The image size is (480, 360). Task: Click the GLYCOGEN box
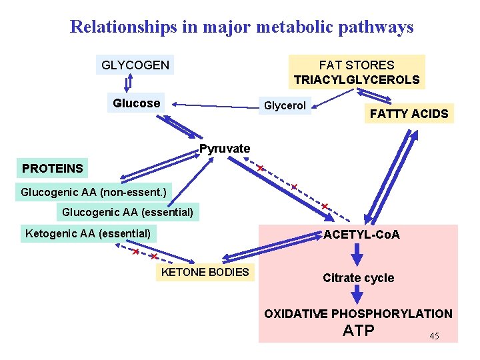pyautogui.click(x=135, y=65)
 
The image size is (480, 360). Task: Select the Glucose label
pyautogui.click(x=137, y=103)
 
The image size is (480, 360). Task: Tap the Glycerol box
pyautogui.click(x=285, y=106)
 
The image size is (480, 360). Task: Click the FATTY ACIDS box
pyautogui.click(x=409, y=114)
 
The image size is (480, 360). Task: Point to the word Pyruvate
pyautogui.click(x=225, y=149)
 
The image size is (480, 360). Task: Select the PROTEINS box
pyautogui.click(x=53, y=168)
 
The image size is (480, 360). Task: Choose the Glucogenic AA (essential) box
pyautogui.click(x=127, y=213)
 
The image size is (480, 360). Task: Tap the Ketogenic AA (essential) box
pyautogui.click(x=87, y=233)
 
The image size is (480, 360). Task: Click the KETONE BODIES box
pyautogui.click(x=205, y=271)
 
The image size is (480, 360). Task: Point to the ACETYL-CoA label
pyautogui.click(x=361, y=235)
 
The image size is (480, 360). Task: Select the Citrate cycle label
pyautogui.click(x=358, y=278)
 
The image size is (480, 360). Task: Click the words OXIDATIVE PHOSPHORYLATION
pyautogui.click(x=358, y=313)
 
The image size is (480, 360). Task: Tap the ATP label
pyautogui.click(x=359, y=331)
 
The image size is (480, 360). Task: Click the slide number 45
pyautogui.click(x=434, y=336)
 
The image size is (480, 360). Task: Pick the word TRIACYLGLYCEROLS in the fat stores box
pyautogui.click(x=357, y=80)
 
